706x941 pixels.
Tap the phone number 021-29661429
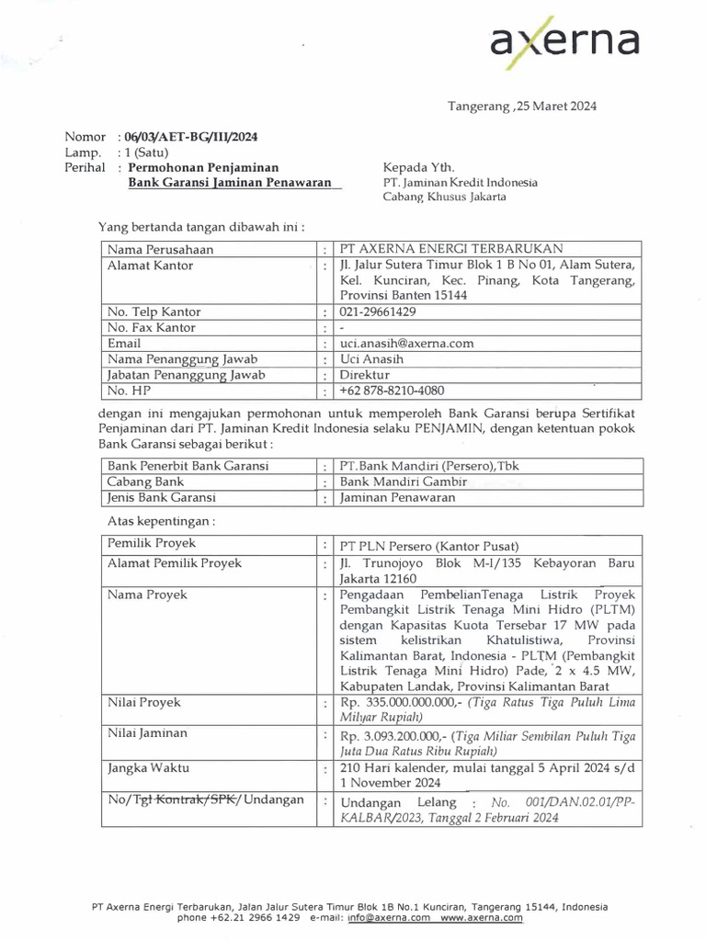point(378,312)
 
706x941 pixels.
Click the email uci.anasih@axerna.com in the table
point(406,343)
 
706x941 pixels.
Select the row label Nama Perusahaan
point(160,249)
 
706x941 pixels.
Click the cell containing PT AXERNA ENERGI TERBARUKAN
point(450,249)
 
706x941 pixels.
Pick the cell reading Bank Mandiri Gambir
point(404,482)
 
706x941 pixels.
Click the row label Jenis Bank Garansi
point(162,497)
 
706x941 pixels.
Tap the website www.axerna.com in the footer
point(482,917)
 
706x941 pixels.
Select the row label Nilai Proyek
point(144,703)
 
